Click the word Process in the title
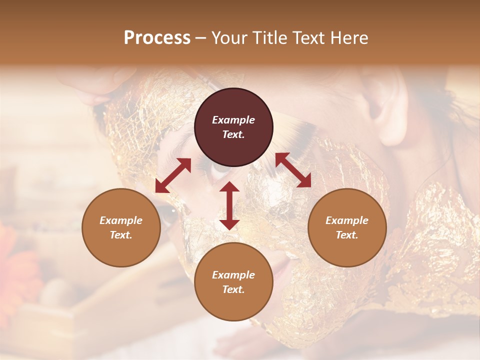click(157, 38)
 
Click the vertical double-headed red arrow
click(229, 205)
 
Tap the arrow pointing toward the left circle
click(173, 175)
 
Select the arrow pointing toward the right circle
click(293, 170)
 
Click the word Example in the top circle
click(233, 120)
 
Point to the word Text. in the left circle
click(121, 235)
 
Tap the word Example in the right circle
click(347, 220)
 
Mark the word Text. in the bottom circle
click(233, 289)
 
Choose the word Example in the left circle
click(121, 220)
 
